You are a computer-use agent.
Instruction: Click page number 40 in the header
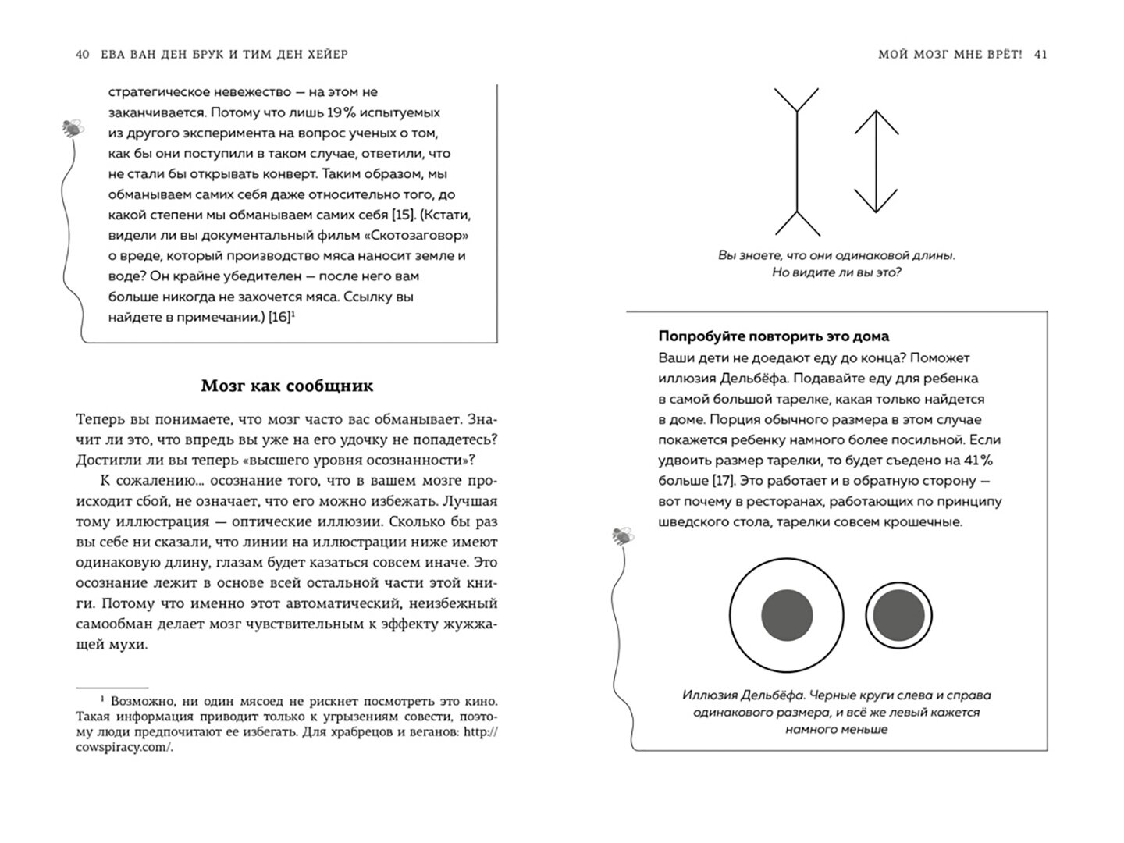tap(84, 55)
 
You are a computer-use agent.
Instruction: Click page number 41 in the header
tap(1040, 55)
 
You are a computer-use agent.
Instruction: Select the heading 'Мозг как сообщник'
tap(287, 386)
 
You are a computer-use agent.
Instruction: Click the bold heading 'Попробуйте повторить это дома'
tap(774, 336)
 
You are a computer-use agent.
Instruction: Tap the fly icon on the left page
tap(73, 127)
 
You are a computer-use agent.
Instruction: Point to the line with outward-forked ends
tap(796, 162)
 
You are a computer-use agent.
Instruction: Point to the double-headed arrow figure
tap(876, 162)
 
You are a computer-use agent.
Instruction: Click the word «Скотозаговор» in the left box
tap(421, 235)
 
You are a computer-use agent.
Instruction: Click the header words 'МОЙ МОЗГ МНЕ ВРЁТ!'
tap(949, 55)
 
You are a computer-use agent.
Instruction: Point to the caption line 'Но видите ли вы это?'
tap(836, 272)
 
